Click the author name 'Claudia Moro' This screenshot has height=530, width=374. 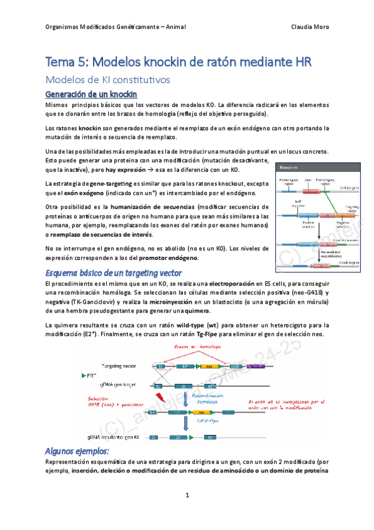point(310,27)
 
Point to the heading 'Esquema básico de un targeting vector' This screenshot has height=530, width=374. point(114,273)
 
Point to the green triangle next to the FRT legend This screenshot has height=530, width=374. point(84,375)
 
